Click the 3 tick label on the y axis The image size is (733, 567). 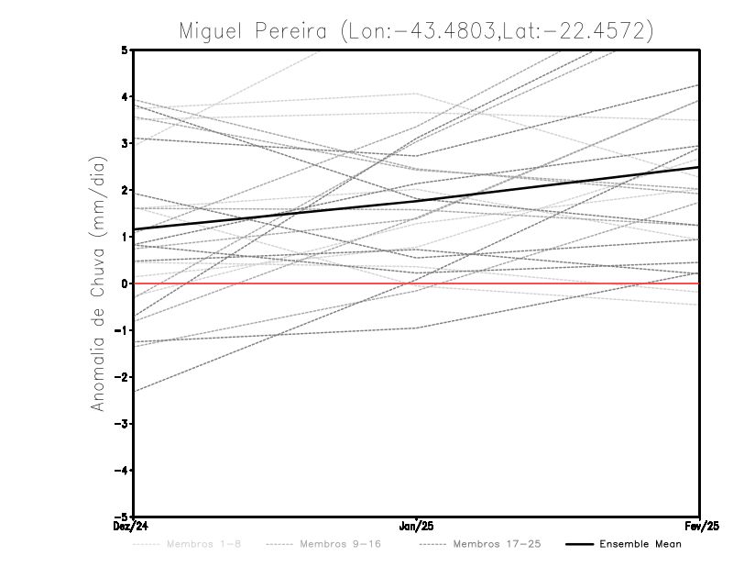pyautogui.click(x=125, y=143)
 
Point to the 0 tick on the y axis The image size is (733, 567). pyautogui.click(x=125, y=283)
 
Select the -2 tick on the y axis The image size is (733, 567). pyautogui.click(x=123, y=377)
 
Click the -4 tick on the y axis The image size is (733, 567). pyautogui.click(x=123, y=471)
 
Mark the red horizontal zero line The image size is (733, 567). pyautogui.click(x=550, y=283)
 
